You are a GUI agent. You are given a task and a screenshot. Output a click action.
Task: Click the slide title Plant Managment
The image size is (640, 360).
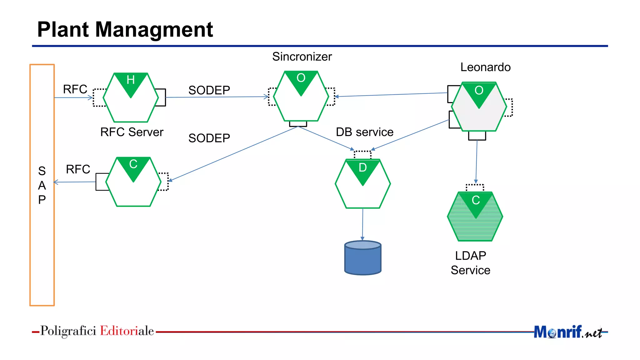(x=125, y=30)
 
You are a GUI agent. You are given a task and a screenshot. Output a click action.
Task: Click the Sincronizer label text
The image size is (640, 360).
(x=302, y=57)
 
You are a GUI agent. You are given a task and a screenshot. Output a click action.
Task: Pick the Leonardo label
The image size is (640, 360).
(x=485, y=67)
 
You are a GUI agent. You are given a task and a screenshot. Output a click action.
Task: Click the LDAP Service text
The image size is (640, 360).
(x=471, y=263)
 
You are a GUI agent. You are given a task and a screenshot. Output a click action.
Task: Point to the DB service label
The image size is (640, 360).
(x=364, y=132)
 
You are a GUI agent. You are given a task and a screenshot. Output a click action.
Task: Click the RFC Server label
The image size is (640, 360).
(x=132, y=132)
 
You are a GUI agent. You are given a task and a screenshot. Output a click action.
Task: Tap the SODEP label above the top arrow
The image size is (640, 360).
(x=209, y=90)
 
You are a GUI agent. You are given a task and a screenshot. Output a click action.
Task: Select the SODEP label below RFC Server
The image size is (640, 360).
(x=209, y=138)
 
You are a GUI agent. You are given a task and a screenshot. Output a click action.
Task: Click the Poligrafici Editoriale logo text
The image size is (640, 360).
(x=97, y=331)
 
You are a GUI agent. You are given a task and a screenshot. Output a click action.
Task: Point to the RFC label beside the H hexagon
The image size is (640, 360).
(x=75, y=89)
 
